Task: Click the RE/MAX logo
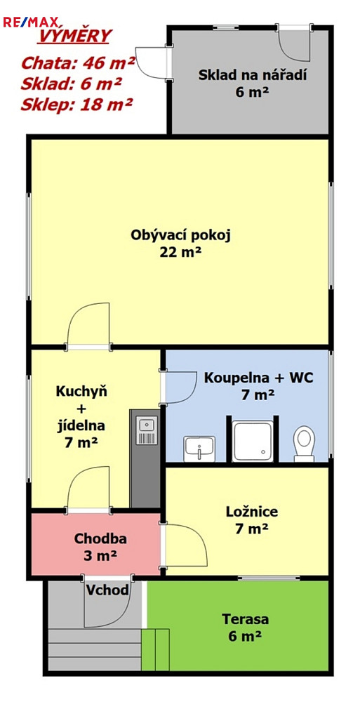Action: pos(30,22)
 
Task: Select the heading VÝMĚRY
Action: pos(73,36)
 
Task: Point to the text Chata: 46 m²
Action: pos(77,62)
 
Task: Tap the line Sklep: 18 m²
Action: pos(76,105)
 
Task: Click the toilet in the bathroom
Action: pos(305,443)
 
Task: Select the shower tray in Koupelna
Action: pos(253,441)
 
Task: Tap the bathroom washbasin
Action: pos(199,449)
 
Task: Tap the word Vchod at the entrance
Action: pos(107,590)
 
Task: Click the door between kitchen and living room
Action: pos(88,324)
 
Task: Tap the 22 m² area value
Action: pos(180,252)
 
